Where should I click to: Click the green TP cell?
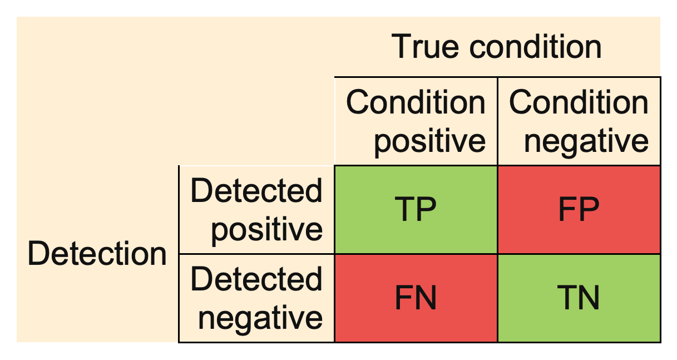(x=416, y=210)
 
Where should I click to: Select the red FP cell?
(x=579, y=210)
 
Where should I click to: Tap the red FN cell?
(x=416, y=298)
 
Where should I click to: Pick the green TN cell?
(x=579, y=298)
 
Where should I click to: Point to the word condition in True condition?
(x=536, y=47)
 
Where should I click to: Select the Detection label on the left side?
(x=97, y=254)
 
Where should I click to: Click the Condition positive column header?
(x=416, y=121)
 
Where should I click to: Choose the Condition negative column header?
(x=579, y=121)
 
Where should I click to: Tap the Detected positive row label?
(x=256, y=210)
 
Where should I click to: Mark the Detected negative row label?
(x=256, y=298)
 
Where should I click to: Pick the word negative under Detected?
(x=261, y=318)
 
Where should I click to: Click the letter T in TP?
(x=404, y=210)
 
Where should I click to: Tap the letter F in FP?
(x=567, y=210)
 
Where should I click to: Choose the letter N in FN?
(x=426, y=298)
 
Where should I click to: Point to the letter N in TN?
(x=589, y=298)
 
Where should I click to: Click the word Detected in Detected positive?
(x=256, y=191)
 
